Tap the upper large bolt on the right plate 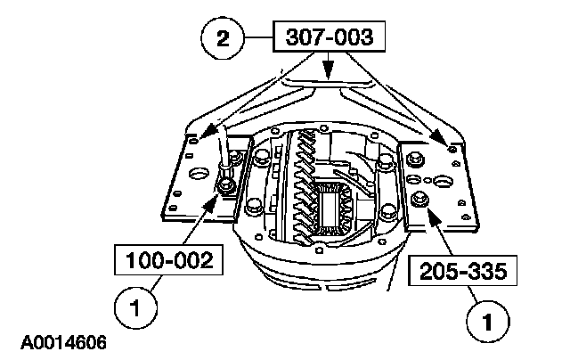(x=413, y=161)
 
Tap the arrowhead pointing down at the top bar (x=329, y=78)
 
